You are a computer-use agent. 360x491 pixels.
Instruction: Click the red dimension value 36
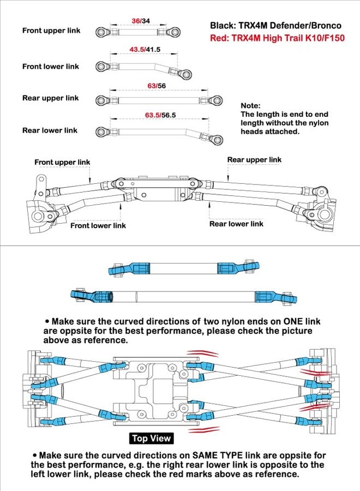tap(136, 21)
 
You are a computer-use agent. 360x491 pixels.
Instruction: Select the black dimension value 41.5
tap(153, 50)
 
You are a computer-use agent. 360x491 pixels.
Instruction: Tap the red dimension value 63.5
tap(152, 115)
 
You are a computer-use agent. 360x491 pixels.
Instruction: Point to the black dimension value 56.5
tap(169, 115)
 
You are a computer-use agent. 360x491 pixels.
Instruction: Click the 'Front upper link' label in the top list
tap(51, 31)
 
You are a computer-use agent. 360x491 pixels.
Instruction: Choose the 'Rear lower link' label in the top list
tap(50, 130)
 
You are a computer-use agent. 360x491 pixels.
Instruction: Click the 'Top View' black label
tap(151, 438)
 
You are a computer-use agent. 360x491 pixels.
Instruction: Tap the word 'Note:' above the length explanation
tap(250, 105)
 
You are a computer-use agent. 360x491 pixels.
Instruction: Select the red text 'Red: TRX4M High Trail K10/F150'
tap(277, 38)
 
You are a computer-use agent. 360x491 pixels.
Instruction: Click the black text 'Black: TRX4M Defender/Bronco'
tap(275, 25)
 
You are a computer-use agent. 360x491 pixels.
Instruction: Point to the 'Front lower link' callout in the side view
tap(98, 225)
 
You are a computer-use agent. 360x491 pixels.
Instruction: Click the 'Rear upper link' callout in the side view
tap(254, 160)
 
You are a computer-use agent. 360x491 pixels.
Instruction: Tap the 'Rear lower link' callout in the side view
tap(236, 224)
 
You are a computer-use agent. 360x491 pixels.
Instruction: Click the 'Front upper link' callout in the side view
tap(62, 162)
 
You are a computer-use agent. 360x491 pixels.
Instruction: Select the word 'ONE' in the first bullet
tap(293, 321)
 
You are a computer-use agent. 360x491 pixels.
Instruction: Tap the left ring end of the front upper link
tap(101, 32)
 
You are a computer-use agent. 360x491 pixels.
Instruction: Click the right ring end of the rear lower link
tap(217, 139)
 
